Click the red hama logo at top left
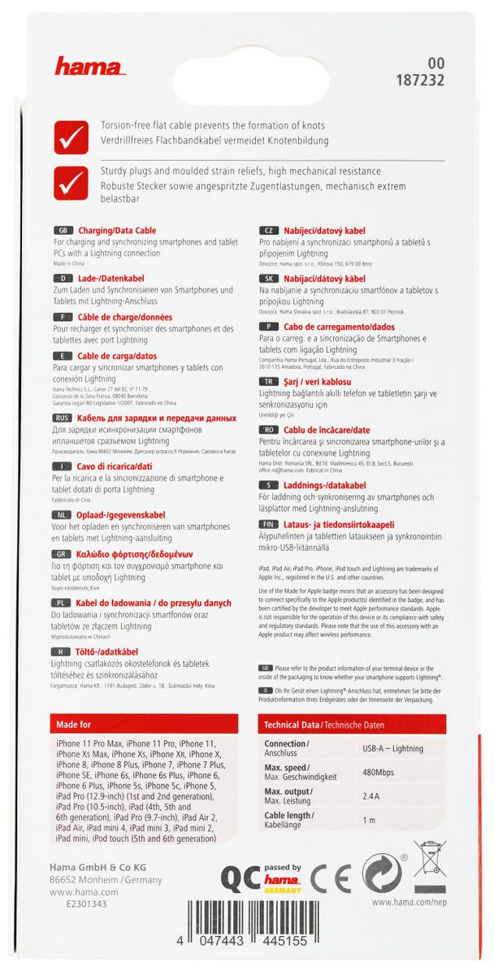[86, 68]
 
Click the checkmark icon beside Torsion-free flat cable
[71, 136]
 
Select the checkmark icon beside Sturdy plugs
[71, 182]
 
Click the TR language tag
[267, 381]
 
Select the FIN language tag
[267, 525]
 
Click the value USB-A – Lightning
[393, 747]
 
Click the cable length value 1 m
[368, 821]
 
